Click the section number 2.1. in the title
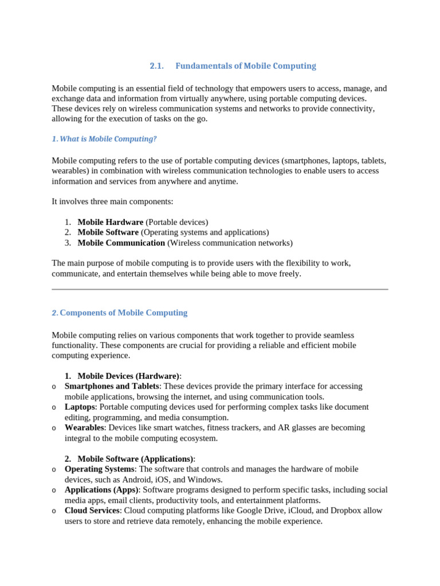click(156, 66)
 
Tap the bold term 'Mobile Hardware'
click(110, 222)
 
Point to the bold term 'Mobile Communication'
click(121, 243)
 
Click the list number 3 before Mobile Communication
click(68, 243)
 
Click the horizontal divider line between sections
click(220, 290)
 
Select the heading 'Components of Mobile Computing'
click(123, 313)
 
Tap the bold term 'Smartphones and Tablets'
click(112, 386)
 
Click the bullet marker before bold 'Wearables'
click(53, 428)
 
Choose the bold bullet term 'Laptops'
click(79, 407)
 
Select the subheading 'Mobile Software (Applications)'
click(136, 459)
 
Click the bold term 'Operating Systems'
click(99, 469)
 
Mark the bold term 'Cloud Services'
click(92, 510)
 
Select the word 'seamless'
click(339, 335)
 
